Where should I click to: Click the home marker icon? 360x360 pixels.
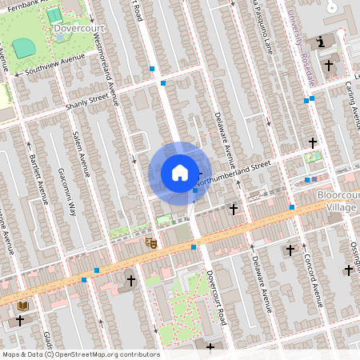180,173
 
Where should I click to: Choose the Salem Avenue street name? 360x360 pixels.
81,152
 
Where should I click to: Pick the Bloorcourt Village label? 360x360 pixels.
336,201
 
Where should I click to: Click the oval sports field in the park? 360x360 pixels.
24,48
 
